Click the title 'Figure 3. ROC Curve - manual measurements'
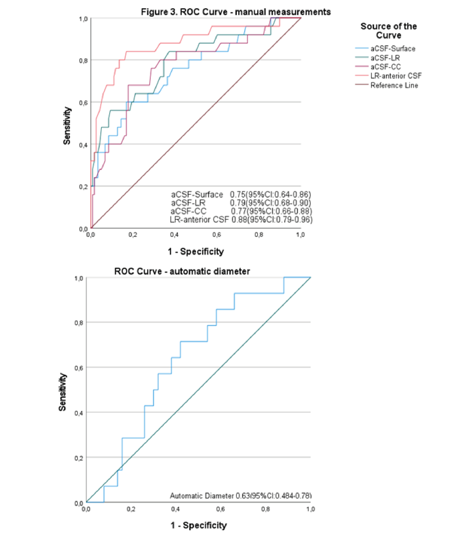click(x=236, y=12)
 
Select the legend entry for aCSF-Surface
click(x=393, y=49)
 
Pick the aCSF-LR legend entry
click(x=385, y=58)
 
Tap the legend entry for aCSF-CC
click(x=385, y=67)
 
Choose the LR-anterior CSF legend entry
click(x=396, y=76)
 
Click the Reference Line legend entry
click(x=394, y=85)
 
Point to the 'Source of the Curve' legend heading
click(x=389, y=31)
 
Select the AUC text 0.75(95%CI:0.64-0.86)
click(x=270, y=195)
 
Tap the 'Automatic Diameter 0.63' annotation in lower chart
click(x=240, y=496)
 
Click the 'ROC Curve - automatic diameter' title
click(x=182, y=271)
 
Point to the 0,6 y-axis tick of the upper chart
click(x=83, y=102)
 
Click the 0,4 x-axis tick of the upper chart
click(x=174, y=235)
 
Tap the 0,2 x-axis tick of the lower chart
click(x=131, y=509)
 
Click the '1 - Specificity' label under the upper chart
click(x=196, y=252)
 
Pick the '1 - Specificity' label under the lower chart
click(x=199, y=525)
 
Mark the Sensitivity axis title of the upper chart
click(x=67, y=125)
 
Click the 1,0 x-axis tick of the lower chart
click(x=310, y=509)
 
